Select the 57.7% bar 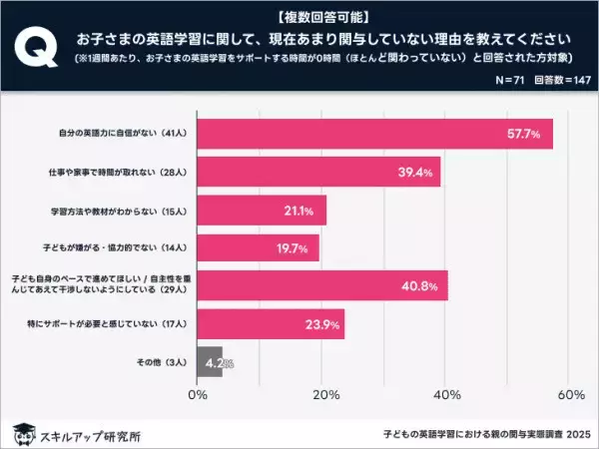coord(375,132)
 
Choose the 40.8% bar coord(322,285)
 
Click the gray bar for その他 coord(210,362)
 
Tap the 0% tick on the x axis coord(198,395)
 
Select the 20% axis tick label coord(321,395)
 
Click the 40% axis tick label coord(446,395)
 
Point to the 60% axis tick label coord(570,395)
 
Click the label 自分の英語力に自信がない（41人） coord(124,133)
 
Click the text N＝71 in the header coord(482,78)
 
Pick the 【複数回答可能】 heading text coord(299,16)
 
